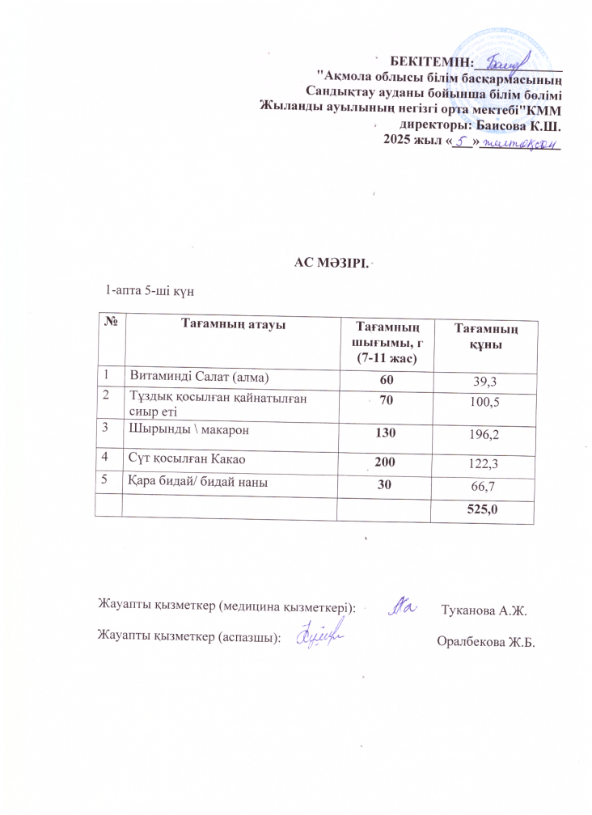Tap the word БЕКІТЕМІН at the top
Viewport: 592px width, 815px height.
[429, 61]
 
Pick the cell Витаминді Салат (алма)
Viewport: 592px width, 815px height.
[193, 378]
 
